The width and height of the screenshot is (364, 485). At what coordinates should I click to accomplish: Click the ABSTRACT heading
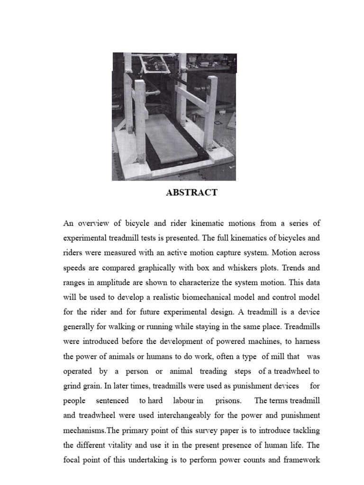tap(191, 193)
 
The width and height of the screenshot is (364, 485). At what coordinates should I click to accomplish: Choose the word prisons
tap(228, 400)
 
